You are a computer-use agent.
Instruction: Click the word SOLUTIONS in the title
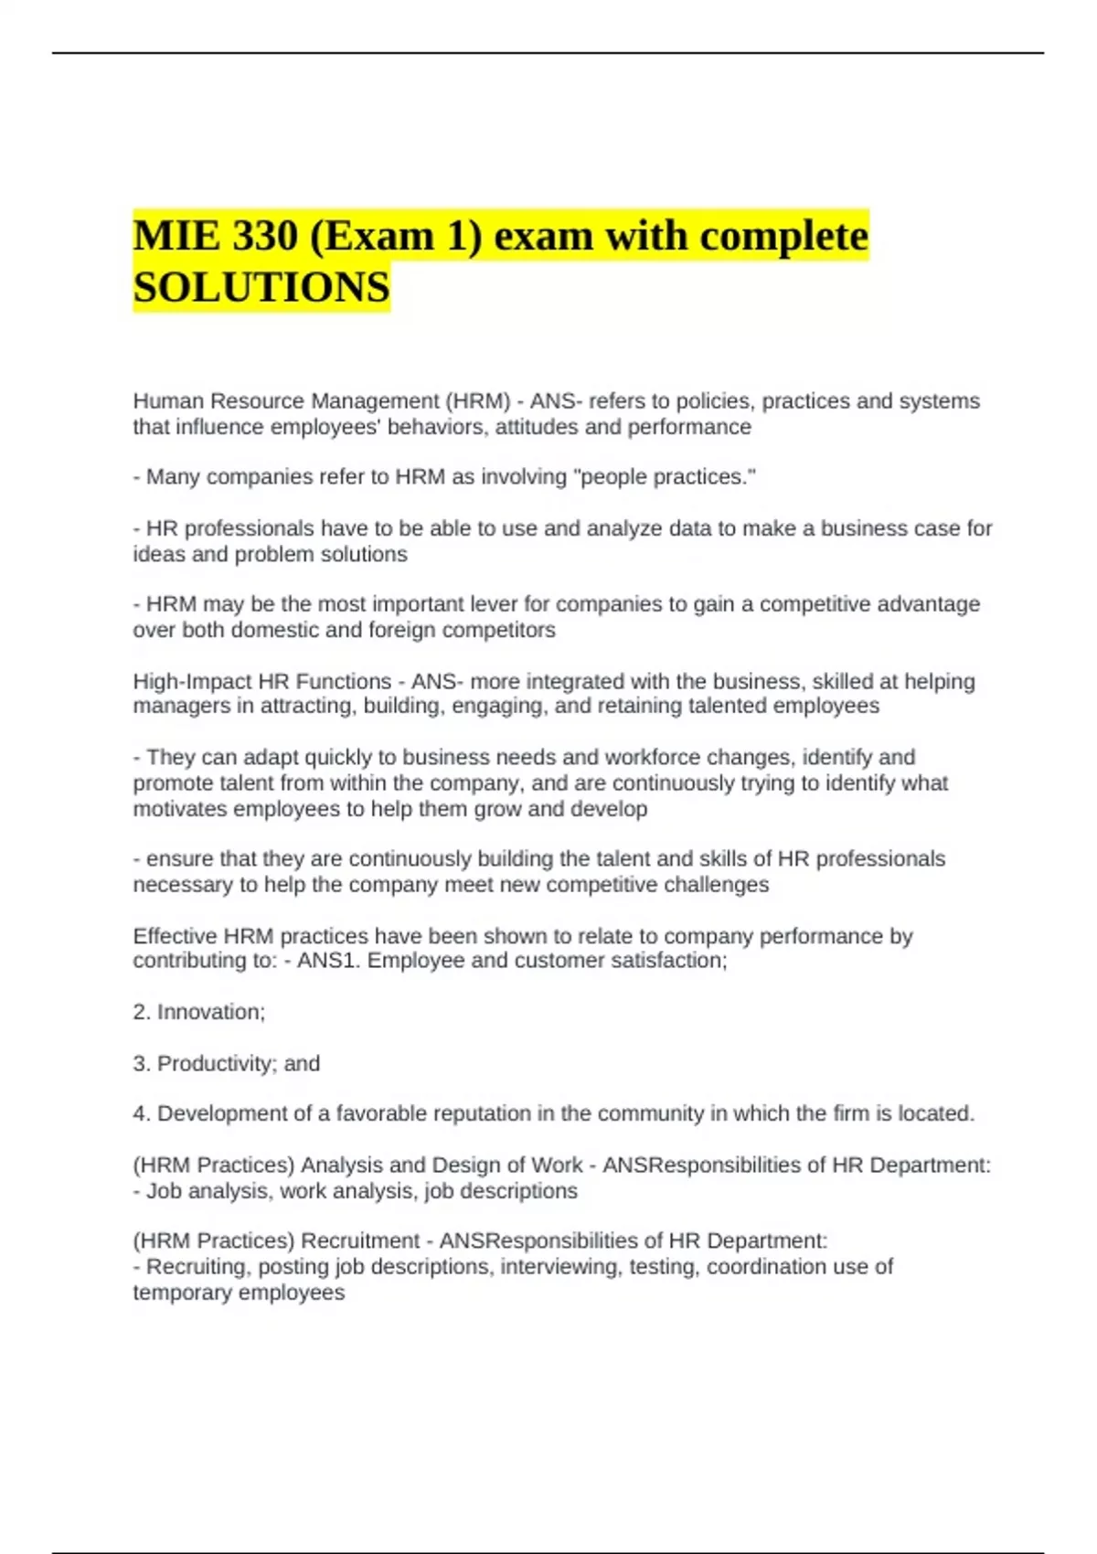261,287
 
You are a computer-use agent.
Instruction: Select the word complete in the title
783,236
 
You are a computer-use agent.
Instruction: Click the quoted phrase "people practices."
664,477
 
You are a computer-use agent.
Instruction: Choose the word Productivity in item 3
215,1063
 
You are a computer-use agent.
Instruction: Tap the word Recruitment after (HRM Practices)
360,1240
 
